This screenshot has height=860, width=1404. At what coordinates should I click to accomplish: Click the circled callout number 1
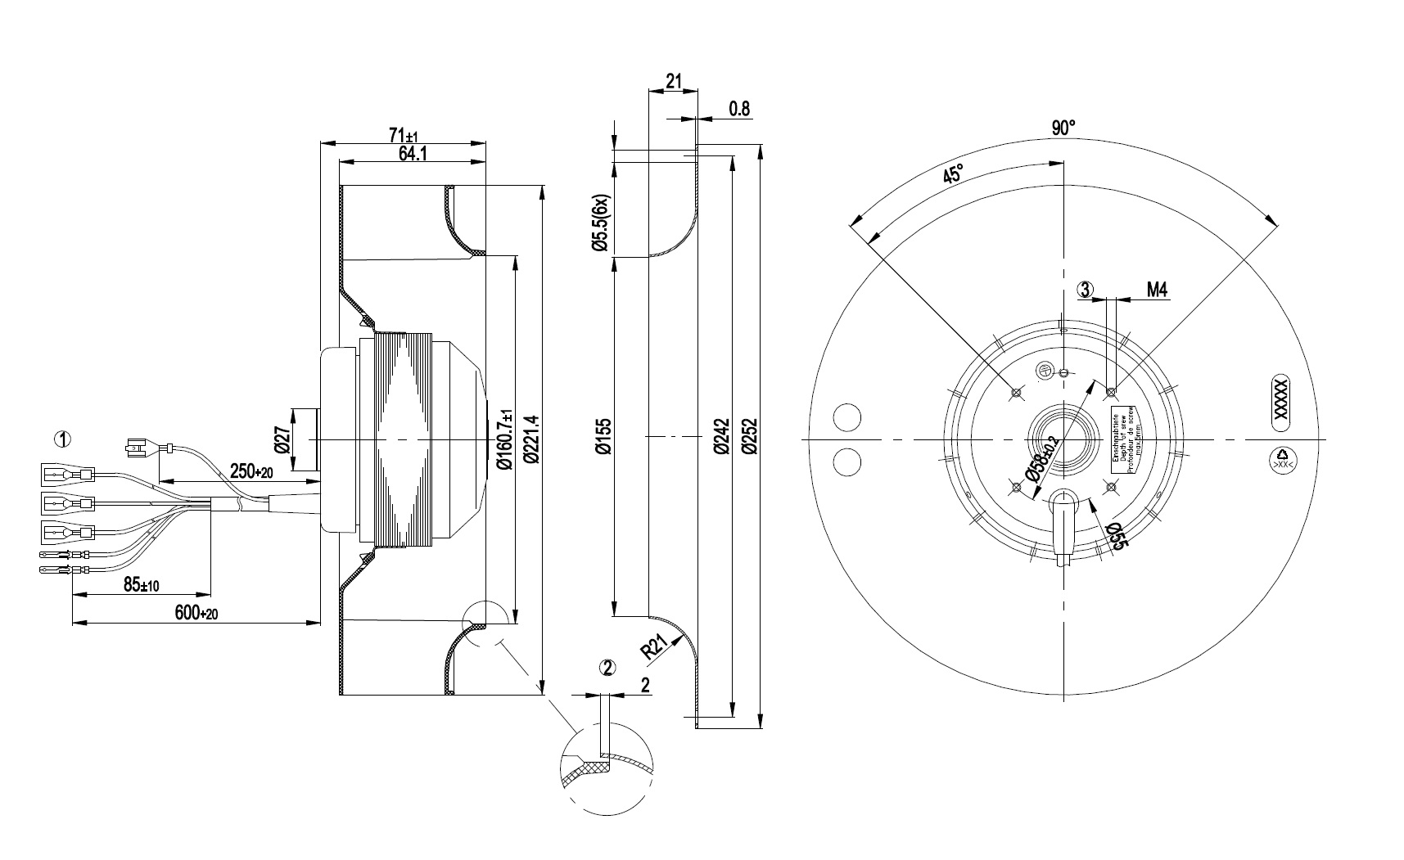coord(62,439)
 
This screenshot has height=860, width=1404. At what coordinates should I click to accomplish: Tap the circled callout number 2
coord(607,668)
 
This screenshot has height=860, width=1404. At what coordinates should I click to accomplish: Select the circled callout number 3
coord(1086,289)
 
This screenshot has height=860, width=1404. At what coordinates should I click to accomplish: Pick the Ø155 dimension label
coord(603,437)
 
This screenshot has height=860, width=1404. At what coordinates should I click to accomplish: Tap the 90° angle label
coord(1063,128)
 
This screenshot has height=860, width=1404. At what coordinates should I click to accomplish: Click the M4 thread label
coord(1156,289)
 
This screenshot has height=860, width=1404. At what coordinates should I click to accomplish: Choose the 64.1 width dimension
coord(412,153)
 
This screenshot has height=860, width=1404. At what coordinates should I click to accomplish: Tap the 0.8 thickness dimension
coord(738,109)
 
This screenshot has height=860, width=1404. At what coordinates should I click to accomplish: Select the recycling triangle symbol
coord(1282,455)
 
